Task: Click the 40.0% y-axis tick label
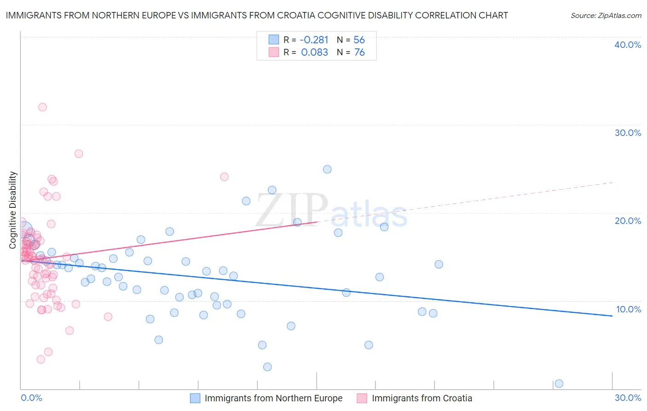[628, 45]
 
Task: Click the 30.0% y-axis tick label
[628, 133]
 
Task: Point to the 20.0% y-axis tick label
[628, 221]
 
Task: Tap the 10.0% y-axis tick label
[628, 309]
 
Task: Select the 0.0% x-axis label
[31, 398]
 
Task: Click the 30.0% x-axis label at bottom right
[628, 398]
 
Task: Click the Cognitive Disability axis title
[13, 210]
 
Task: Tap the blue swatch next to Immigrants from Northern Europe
[195, 398]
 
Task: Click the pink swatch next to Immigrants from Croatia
[362, 398]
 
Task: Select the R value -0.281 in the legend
[314, 40]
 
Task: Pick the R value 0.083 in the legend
[314, 53]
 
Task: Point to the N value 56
[359, 40]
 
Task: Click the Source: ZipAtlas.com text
[606, 16]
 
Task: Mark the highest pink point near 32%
[42, 107]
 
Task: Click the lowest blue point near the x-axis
[559, 383]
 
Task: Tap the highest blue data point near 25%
[327, 169]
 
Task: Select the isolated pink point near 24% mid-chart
[224, 176]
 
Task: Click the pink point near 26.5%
[79, 154]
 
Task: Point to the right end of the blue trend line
[612, 316]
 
